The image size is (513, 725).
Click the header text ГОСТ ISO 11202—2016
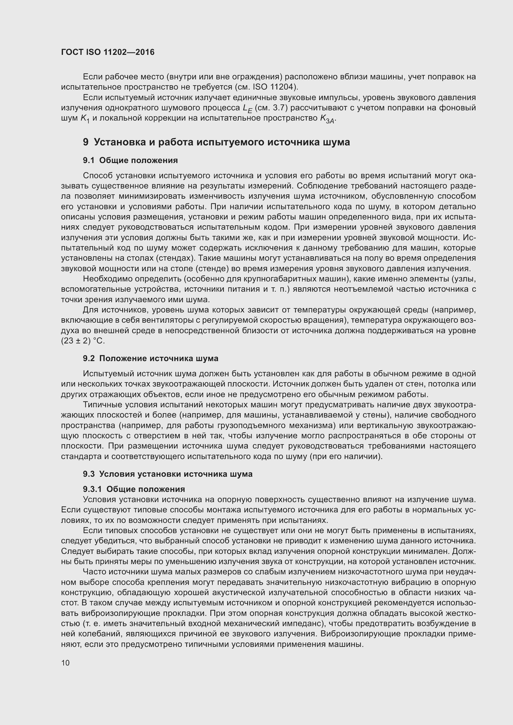(108, 52)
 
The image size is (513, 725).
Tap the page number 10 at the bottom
(65, 662)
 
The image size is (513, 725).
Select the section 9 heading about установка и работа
(216, 142)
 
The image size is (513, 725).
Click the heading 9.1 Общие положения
(131, 161)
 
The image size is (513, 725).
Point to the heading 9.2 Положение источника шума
(151, 358)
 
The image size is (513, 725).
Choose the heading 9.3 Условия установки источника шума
(168, 474)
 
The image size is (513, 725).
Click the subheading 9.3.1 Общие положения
(134, 489)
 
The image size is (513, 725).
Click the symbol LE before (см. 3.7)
(247, 108)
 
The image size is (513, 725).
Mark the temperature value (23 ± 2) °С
(83, 341)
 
